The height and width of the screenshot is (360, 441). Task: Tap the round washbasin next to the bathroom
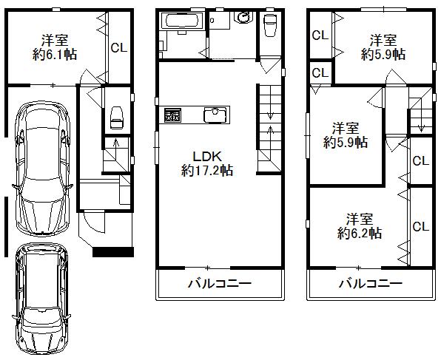(x=242, y=18)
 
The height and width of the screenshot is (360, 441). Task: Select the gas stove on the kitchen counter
(x=173, y=115)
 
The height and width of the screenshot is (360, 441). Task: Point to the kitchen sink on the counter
(x=216, y=115)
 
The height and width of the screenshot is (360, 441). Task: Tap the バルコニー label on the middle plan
(x=220, y=283)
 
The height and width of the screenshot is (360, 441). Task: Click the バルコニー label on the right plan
(x=370, y=283)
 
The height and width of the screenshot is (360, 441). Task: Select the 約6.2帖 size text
(x=360, y=233)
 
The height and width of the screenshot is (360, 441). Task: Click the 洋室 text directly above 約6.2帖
(x=360, y=219)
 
